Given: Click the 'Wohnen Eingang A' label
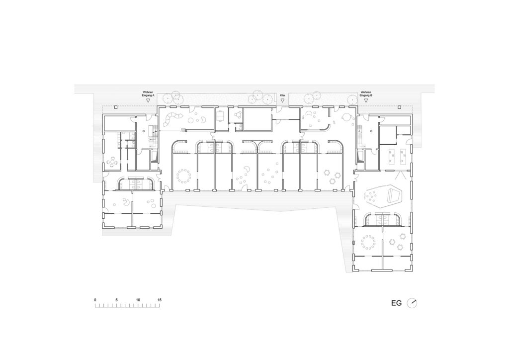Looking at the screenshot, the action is pyautogui.click(x=148, y=94).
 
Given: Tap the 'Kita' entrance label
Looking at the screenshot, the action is pyautogui.click(x=282, y=95).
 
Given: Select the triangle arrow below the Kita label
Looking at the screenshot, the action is pyautogui.click(x=282, y=100).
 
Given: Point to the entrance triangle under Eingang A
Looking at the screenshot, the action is pyautogui.click(x=148, y=100).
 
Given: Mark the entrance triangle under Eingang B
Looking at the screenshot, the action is pyautogui.click(x=366, y=100).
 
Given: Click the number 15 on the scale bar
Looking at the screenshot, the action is pyautogui.click(x=159, y=300).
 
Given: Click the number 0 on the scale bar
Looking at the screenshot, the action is pyautogui.click(x=95, y=300).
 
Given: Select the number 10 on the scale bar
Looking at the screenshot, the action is pyautogui.click(x=138, y=300).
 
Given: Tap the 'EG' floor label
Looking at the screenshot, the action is pyautogui.click(x=396, y=303).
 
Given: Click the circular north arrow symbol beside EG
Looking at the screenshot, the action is pyautogui.click(x=412, y=303).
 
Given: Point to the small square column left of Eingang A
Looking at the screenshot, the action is pyautogui.click(x=116, y=107).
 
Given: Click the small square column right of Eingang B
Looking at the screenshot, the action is pyautogui.click(x=399, y=107).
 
